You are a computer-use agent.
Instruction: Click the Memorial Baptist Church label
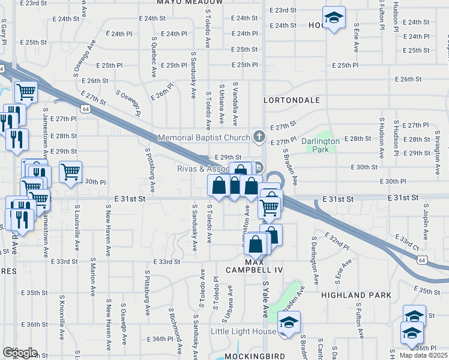[x=203, y=138]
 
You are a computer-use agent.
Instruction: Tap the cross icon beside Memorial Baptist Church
[x=259, y=137]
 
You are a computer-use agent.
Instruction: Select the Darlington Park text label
[x=321, y=145]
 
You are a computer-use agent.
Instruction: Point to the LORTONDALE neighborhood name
[x=295, y=100]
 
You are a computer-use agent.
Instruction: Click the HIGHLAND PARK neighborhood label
[x=356, y=295]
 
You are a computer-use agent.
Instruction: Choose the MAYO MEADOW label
[x=185, y=2]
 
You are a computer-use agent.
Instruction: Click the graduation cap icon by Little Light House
[x=289, y=323]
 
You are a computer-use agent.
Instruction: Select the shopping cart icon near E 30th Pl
[x=71, y=172]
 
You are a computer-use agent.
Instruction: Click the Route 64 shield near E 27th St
[x=86, y=109]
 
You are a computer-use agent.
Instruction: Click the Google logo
[x=20, y=353]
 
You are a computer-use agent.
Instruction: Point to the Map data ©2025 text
[x=424, y=355]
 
